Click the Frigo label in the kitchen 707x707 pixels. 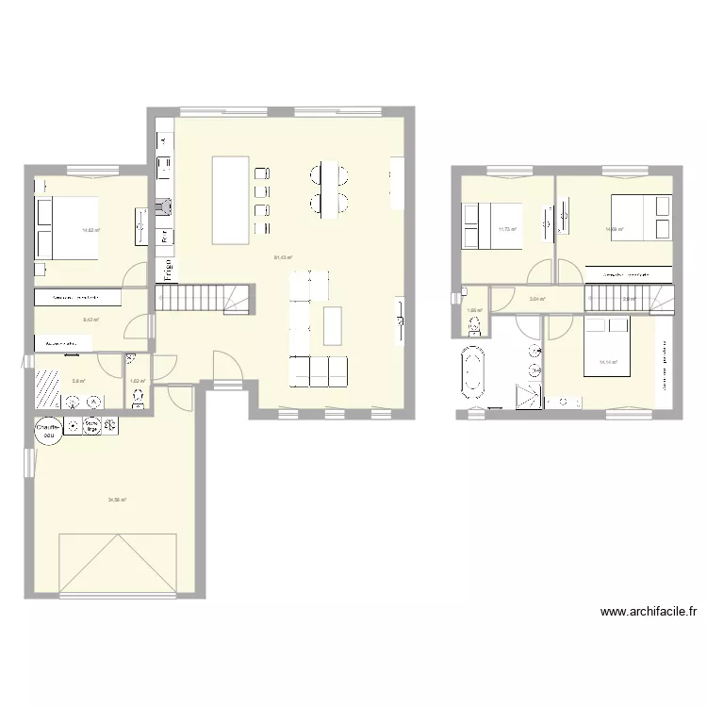(x=167, y=269)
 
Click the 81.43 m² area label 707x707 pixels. (x=283, y=257)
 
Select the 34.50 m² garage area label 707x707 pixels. (x=117, y=501)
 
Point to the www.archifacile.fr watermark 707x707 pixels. (x=649, y=612)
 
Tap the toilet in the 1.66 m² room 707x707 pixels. (x=473, y=326)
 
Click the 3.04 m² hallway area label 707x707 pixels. (x=536, y=300)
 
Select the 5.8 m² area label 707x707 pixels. (x=79, y=381)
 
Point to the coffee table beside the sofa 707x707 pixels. (x=331, y=325)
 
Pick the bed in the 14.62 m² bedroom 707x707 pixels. (x=66, y=227)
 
